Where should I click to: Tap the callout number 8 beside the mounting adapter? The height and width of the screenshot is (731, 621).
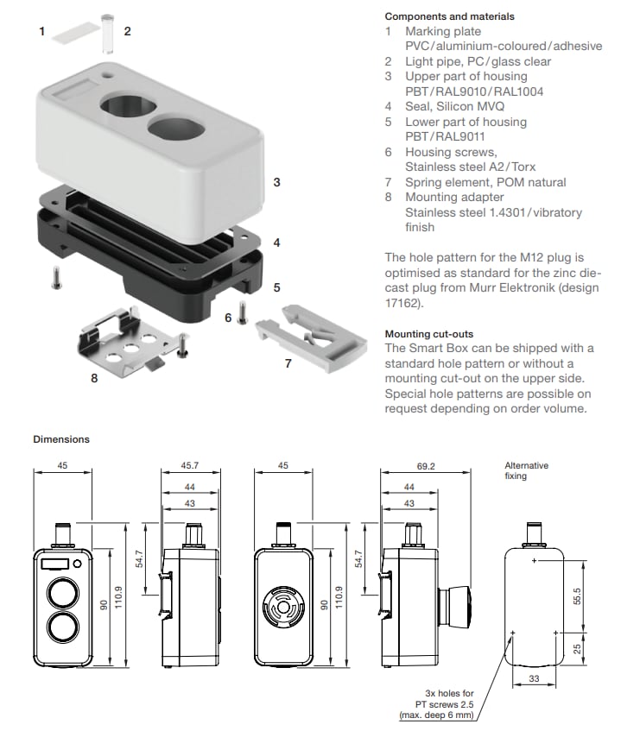pos(94,376)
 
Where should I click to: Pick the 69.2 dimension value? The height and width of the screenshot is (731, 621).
pos(425,466)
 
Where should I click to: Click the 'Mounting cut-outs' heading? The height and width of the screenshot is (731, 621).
pos(428,333)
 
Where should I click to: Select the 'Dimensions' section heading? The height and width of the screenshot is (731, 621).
pos(61,439)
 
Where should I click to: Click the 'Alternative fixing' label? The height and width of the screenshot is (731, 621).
pos(526,470)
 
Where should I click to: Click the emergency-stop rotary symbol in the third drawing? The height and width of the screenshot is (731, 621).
pos(283,610)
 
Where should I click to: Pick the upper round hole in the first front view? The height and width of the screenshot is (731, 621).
pos(62,594)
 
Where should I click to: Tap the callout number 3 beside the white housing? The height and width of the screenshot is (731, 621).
pos(276,182)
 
